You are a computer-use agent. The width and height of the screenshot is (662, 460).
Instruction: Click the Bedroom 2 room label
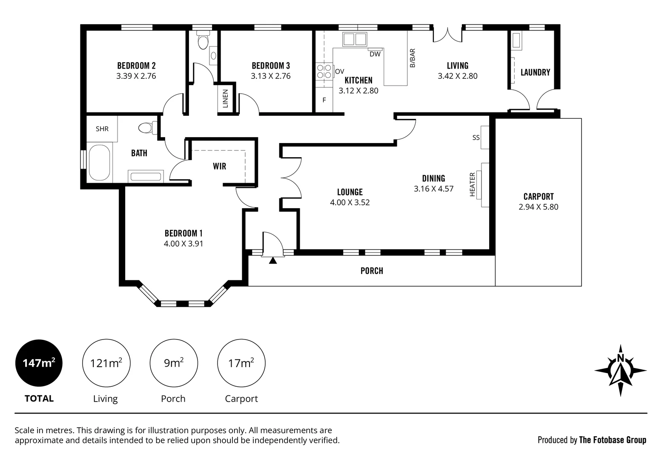click(136, 66)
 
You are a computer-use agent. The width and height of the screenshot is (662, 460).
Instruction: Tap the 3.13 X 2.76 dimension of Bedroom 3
click(270, 76)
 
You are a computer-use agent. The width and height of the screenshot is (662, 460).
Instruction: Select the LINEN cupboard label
click(225, 98)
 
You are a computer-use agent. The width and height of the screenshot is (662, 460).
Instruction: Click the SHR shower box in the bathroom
click(102, 129)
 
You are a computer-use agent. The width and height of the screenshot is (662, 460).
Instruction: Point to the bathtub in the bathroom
click(99, 163)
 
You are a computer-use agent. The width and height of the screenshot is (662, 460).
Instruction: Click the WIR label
click(220, 166)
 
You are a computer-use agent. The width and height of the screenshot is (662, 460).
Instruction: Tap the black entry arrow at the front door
click(273, 260)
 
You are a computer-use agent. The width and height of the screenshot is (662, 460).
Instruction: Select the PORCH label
click(372, 271)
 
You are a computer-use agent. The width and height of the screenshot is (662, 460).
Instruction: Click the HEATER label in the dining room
click(472, 184)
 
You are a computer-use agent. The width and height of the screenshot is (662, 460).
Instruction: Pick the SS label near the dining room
click(476, 138)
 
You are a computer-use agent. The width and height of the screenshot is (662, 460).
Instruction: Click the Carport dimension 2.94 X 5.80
click(538, 207)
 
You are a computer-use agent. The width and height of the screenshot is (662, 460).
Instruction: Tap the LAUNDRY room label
click(535, 72)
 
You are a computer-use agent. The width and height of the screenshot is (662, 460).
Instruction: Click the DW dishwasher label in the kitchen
click(375, 54)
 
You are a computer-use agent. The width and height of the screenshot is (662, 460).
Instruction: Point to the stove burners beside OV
click(324, 72)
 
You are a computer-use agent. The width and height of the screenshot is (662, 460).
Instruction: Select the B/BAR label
click(412, 58)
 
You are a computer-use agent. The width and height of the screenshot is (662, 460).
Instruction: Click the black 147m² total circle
click(39, 363)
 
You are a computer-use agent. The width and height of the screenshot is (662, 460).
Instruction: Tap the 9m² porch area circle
click(174, 363)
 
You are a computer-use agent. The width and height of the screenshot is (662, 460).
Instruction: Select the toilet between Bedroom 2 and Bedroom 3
click(203, 40)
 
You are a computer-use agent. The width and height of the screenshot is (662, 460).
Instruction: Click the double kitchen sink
click(355, 39)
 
